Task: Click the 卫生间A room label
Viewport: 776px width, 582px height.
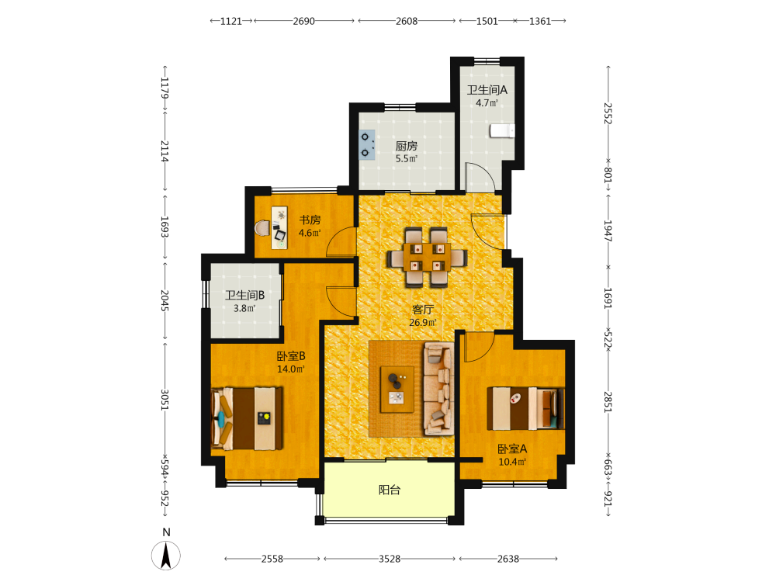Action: pyautogui.click(x=487, y=90)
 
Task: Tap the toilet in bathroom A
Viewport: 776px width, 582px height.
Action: pyautogui.click(x=502, y=130)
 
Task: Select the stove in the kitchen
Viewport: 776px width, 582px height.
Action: pyautogui.click(x=367, y=144)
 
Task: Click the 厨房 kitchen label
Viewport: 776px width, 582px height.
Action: pyautogui.click(x=407, y=146)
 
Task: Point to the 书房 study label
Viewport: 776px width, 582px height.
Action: pyautogui.click(x=310, y=220)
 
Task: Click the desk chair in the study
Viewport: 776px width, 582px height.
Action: pyautogui.click(x=263, y=228)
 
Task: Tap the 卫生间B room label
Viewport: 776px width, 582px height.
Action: pyautogui.click(x=244, y=296)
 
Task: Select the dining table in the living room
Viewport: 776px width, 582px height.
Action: pyautogui.click(x=427, y=257)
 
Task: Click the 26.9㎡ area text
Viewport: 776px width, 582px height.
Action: pyautogui.click(x=423, y=323)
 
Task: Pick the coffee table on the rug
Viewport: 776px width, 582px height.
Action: pyautogui.click(x=397, y=389)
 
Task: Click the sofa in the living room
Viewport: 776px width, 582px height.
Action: pyautogui.click(x=438, y=389)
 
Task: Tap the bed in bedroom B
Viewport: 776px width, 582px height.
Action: pyautogui.click(x=247, y=419)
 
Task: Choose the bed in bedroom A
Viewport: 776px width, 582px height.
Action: pyautogui.click(x=525, y=408)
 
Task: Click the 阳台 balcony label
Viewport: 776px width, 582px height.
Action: pyautogui.click(x=390, y=490)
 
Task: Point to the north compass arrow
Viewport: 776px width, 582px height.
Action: pyautogui.click(x=166, y=556)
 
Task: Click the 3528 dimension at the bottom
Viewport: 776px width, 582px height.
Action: pyautogui.click(x=390, y=559)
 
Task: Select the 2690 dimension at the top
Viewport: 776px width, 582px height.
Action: pyautogui.click(x=304, y=21)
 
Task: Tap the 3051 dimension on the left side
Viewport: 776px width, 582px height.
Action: pyautogui.click(x=165, y=400)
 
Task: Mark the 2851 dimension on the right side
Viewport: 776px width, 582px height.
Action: pyautogui.click(x=608, y=402)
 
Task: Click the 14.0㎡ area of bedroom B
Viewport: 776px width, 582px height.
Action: pyautogui.click(x=290, y=369)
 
